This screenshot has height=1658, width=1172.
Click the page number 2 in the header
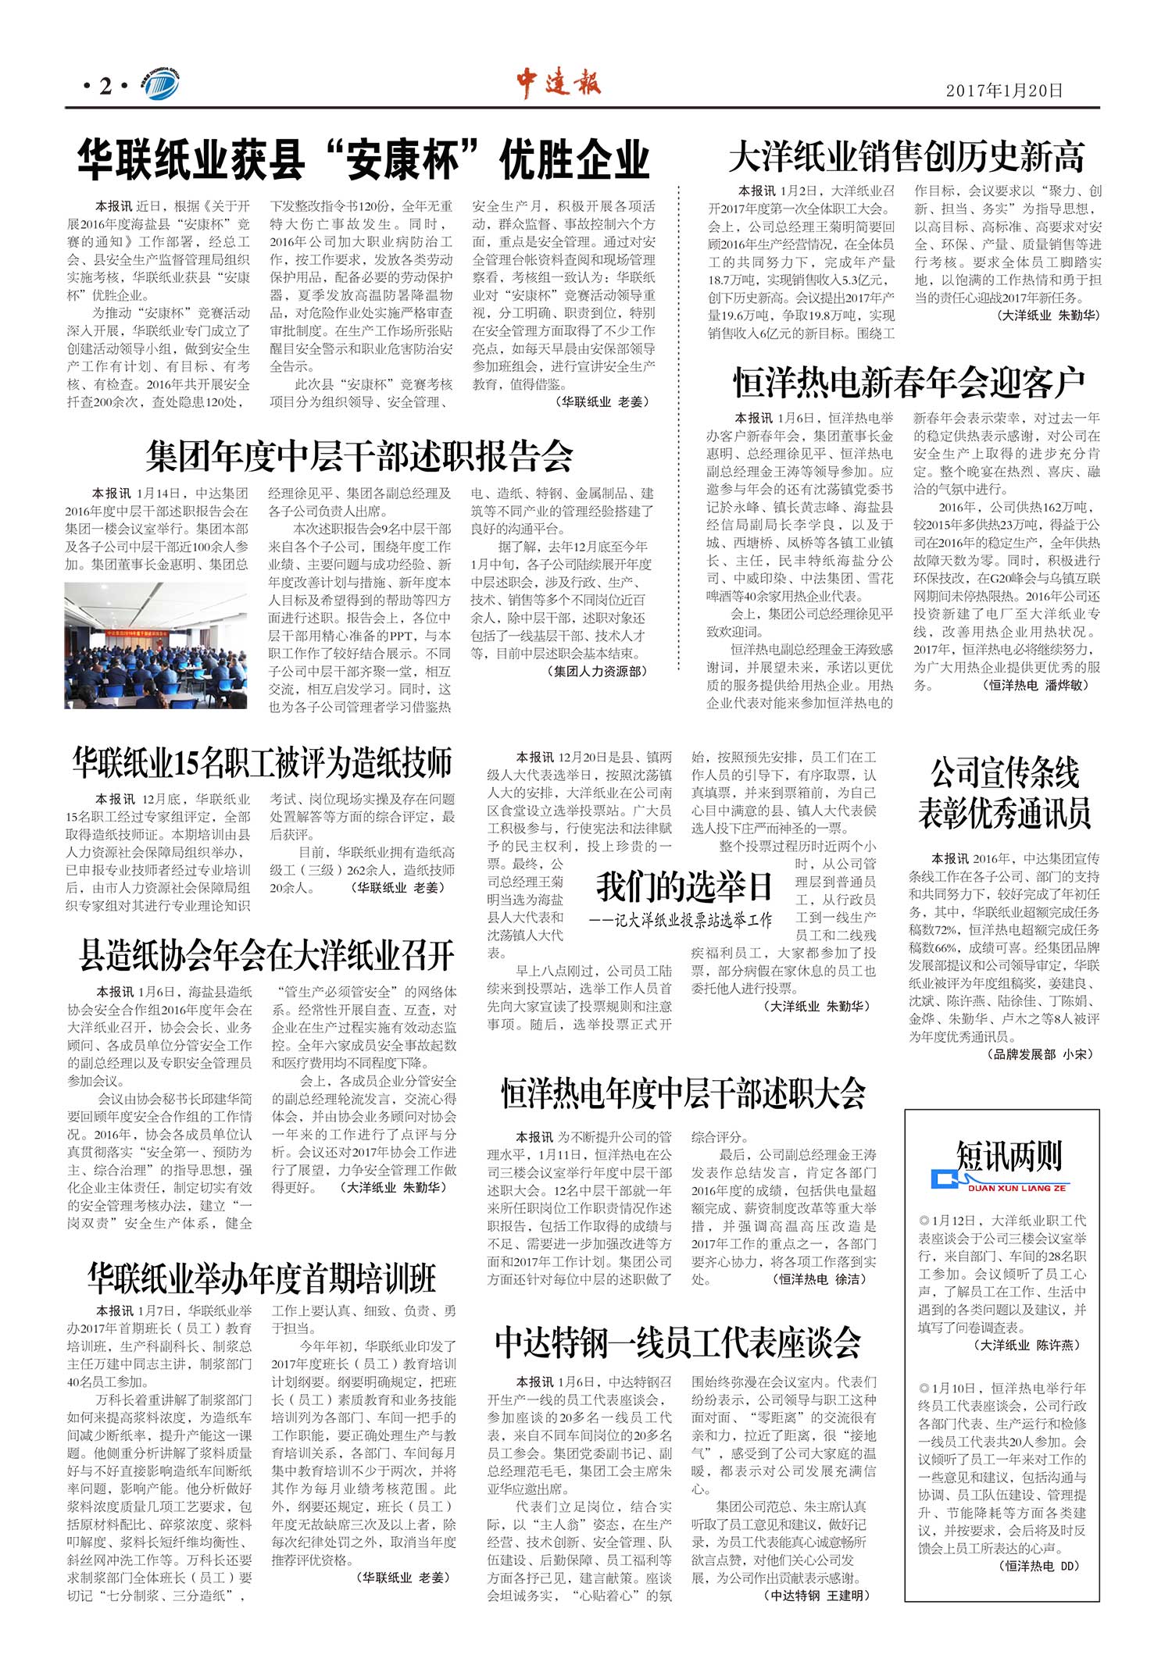point(105,87)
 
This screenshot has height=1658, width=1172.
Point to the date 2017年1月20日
point(1004,91)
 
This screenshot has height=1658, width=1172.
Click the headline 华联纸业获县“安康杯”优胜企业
point(363,159)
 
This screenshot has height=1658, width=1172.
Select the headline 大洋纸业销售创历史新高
point(906,157)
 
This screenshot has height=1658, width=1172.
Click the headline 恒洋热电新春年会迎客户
point(909,383)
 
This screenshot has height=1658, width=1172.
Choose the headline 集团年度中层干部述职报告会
point(359,456)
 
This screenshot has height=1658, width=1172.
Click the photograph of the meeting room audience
point(155,645)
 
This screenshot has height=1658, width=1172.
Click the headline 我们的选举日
point(684,886)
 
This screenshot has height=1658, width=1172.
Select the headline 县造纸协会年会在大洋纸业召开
point(266,954)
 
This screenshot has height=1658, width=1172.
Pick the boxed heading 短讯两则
point(1009,1156)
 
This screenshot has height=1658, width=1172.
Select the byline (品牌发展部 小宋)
point(1042,1054)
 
